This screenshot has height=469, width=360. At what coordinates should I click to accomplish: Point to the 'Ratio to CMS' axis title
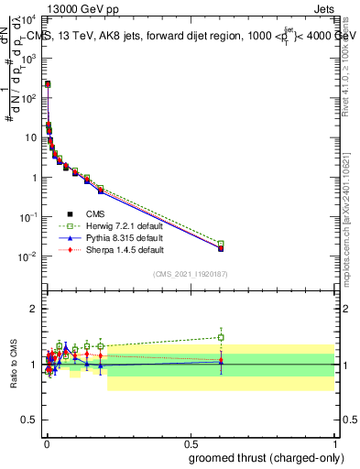[14, 365]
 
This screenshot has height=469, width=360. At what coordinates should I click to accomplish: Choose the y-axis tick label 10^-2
[31, 256]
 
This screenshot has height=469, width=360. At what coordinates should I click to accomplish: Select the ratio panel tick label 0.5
[32, 420]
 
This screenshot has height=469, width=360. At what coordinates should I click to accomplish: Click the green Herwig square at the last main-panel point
[221, 244]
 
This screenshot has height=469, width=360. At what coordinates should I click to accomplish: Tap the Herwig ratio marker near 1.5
[221, 337]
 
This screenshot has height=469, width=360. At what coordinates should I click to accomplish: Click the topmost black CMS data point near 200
[48, 84]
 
